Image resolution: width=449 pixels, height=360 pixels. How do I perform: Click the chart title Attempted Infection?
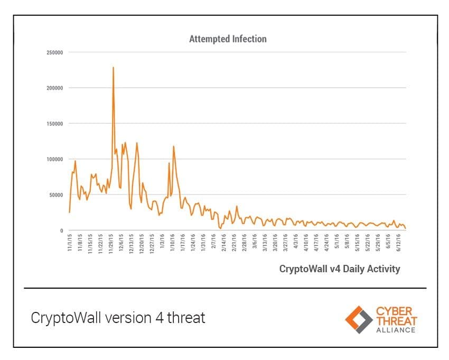pyautogui.click(x=228, y=39)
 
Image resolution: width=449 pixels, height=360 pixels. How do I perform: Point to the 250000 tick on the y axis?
pyautogui.click(x=55, y=52)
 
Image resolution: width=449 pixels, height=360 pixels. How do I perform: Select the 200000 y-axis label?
pyautogui.click(x=55, y=88)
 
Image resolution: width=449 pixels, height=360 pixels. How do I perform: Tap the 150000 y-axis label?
pyautogui.click(x=55, y=124)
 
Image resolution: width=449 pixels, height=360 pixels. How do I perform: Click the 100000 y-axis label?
pyautogui.click(x=55, y=159)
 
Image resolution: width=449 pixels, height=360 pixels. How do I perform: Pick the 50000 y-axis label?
pyautogui.click(x=57, y=195)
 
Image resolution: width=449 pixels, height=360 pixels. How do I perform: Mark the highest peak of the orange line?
pyautogui.click(x=113, y=68)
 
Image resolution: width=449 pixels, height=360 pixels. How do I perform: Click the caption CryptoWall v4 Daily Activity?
pyautogui.click(x=339, y=269)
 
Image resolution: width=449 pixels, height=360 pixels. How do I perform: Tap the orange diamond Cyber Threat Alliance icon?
pyautogui.click(x=358, y=319)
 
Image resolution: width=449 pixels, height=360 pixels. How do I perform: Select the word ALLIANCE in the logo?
pyautogui.click(x=396, y=330)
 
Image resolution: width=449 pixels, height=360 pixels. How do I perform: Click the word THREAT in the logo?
pyautogui.click(x=396, y=320)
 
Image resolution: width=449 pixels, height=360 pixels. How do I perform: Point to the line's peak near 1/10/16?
pyautogui.click(x=173, y=146)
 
